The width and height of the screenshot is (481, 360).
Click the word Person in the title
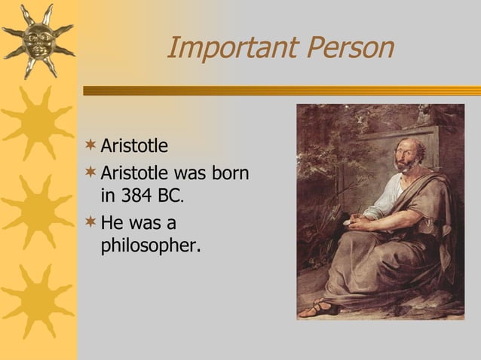click(x=348, y=48)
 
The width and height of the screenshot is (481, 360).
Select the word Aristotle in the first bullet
click(x=134, y=145)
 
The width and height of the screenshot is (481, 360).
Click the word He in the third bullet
click(x=112, y=223)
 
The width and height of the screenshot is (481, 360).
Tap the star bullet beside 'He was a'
click(x=91, y=222)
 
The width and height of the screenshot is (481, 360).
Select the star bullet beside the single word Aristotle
click(x=91, y=143)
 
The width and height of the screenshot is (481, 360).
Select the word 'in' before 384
click(x=108, y=197)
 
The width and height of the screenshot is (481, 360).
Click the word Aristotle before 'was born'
click(x=134, y=172)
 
